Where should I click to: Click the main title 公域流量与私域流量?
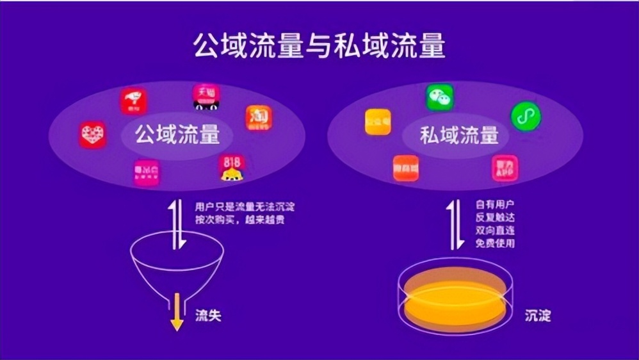pos(319,47)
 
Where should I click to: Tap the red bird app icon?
pos(134,101)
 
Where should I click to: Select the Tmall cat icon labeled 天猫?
pos(206,96)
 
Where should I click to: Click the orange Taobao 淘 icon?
pos(259,118)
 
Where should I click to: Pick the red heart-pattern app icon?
pos(93,135)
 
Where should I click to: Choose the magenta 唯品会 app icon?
pos(147,172)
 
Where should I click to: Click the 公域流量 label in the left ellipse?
pos(177,135)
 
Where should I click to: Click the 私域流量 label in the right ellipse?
pos(459,135)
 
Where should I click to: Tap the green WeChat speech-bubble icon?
pos(440,97)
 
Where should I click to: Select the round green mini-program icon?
pos(526,117)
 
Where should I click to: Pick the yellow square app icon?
pos(378,122)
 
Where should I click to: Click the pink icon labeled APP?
pos(505,168)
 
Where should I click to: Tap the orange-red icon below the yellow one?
pos(405,168)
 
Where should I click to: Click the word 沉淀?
pos(537,316)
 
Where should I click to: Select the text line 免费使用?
pos(496,243)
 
